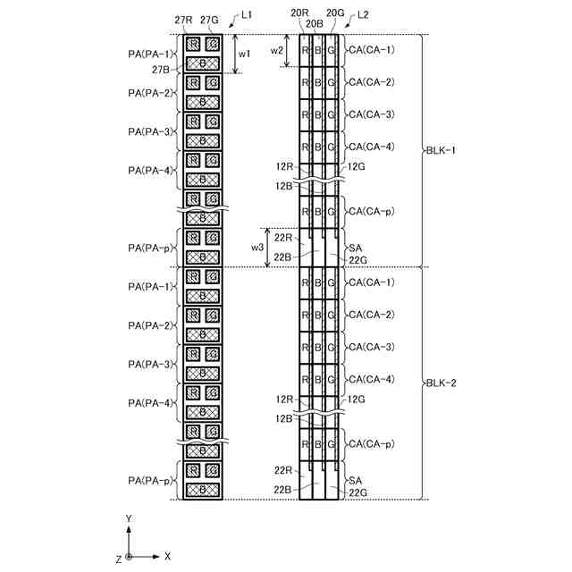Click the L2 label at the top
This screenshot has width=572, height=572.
[x=363, y=16]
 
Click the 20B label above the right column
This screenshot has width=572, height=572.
[x=315, y=23]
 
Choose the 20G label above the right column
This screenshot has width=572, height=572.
[x=336, y=13]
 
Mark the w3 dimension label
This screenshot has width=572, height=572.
[x=257, y=247]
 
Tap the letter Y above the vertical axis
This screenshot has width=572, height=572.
[x=130, y=518]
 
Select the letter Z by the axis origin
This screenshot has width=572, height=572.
[x=118, y=559]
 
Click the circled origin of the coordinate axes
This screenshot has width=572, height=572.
[x=130, y=556]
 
